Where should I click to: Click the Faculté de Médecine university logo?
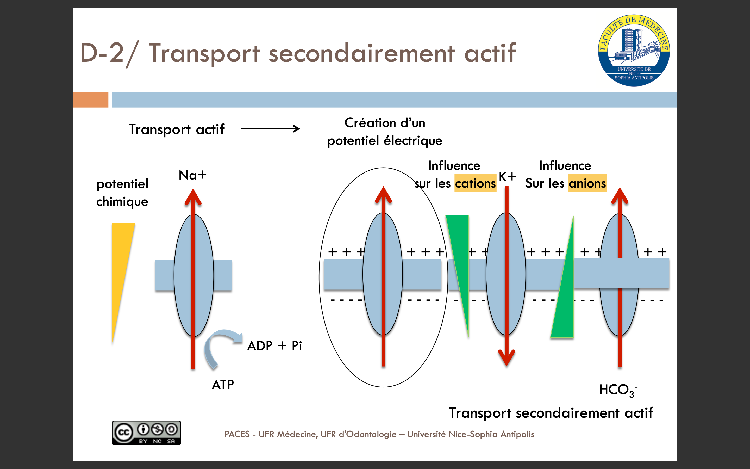pyautogui.click(x=634, y=50)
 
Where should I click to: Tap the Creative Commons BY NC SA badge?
pyautogui.click(x=146, y=433)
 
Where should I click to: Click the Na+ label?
pyautogui.click(x=192, y=175)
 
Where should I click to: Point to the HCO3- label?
pyautogui.click(x=618, y=390)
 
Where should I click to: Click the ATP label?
pyautogui.click(x=223, y=385)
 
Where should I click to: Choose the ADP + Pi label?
pyautogui.click(x=274, y=346)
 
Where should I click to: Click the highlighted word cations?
pyautogui.click(x=476, y=183)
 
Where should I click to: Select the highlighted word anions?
pyautogui.click(x=587, y=183)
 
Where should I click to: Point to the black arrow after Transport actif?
pyautogui.click(x=270, y=129)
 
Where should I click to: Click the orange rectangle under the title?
pyautogui.click(x=91, y=100)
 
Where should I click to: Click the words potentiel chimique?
pyautogui.click(x=122, y=193)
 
